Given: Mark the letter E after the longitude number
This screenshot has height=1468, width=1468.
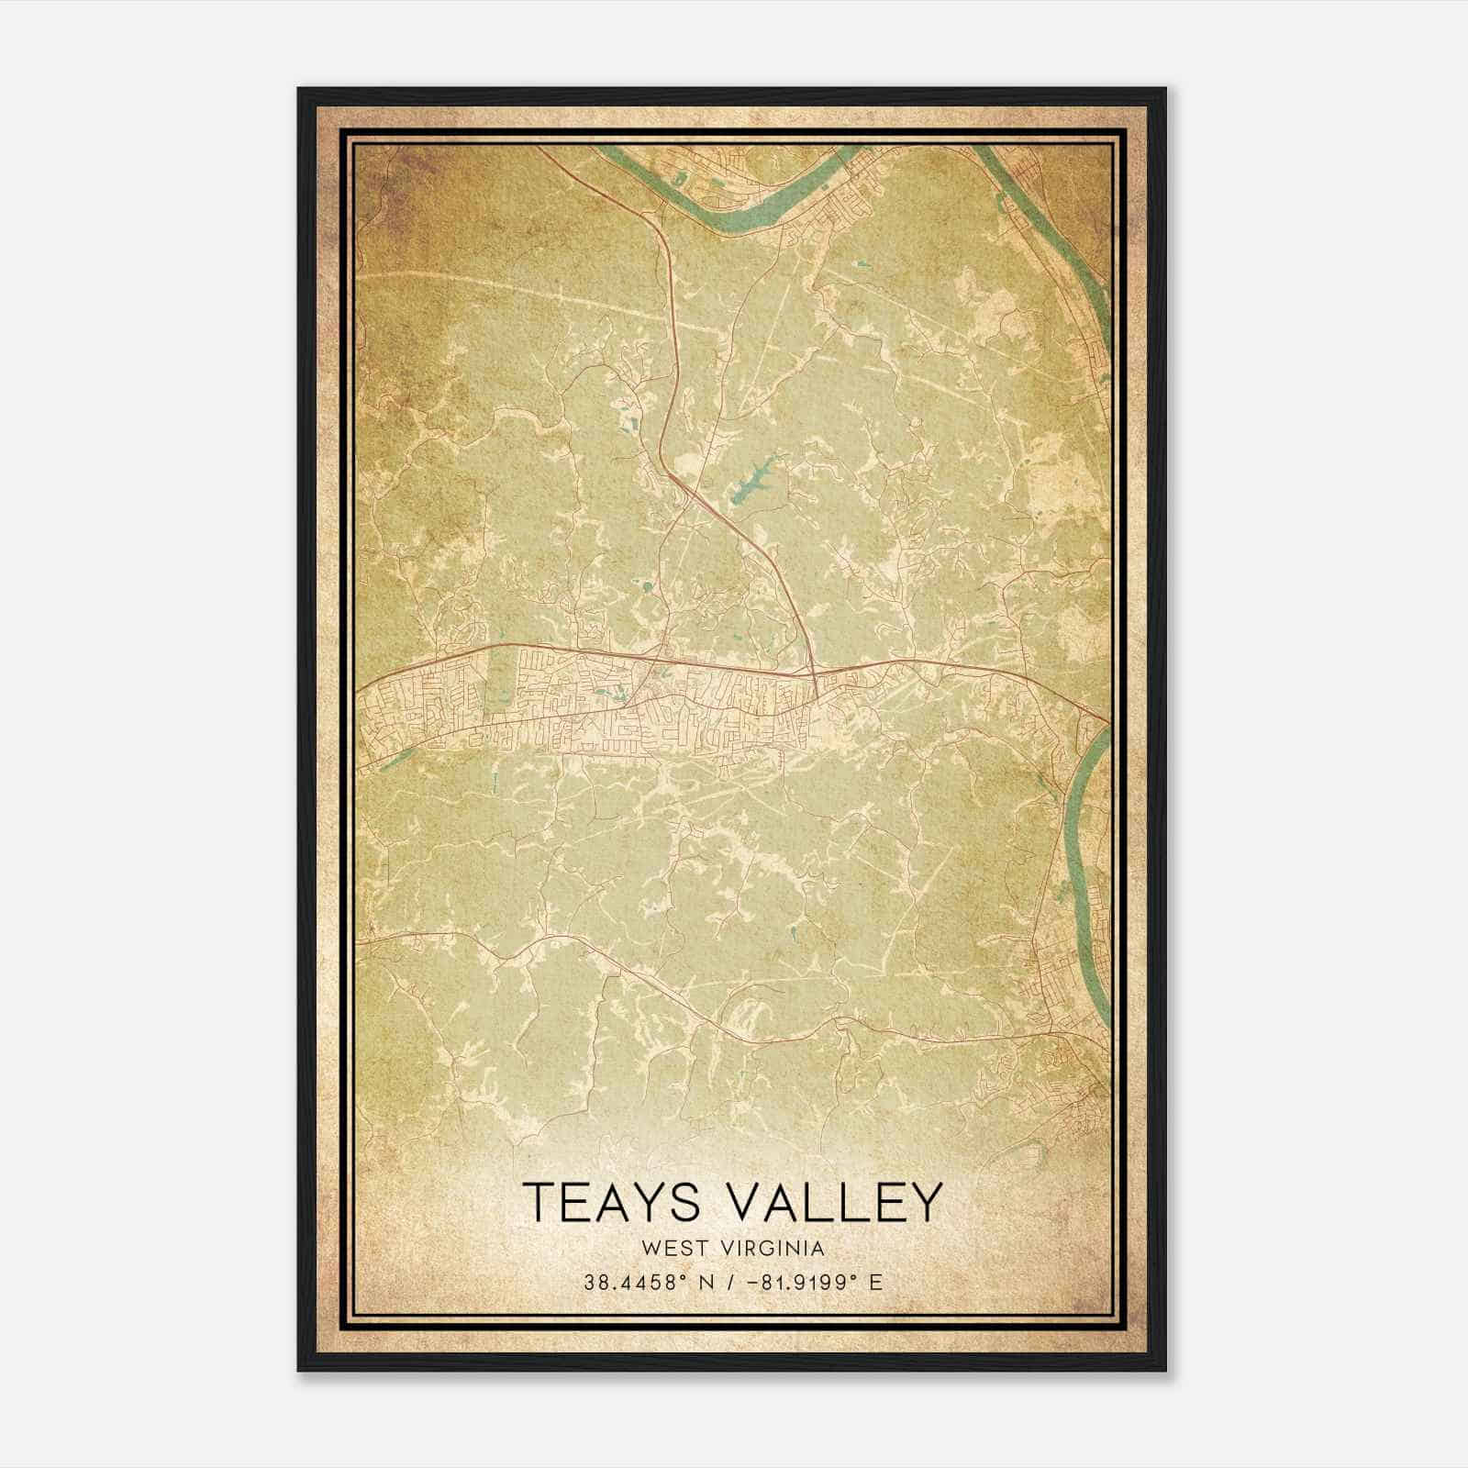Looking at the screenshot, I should [876, 1282].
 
